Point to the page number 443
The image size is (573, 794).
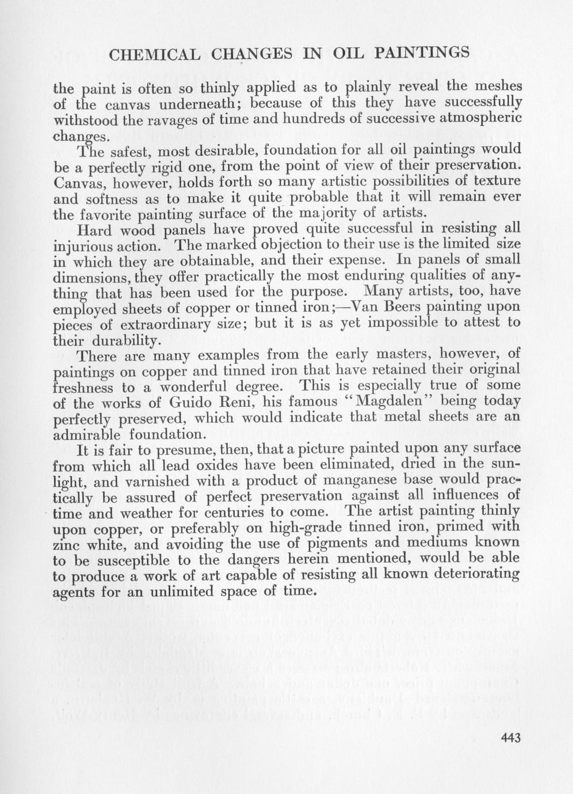[507, 738]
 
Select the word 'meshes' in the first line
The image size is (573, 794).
[498, 86]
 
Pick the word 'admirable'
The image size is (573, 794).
[87, 432]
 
